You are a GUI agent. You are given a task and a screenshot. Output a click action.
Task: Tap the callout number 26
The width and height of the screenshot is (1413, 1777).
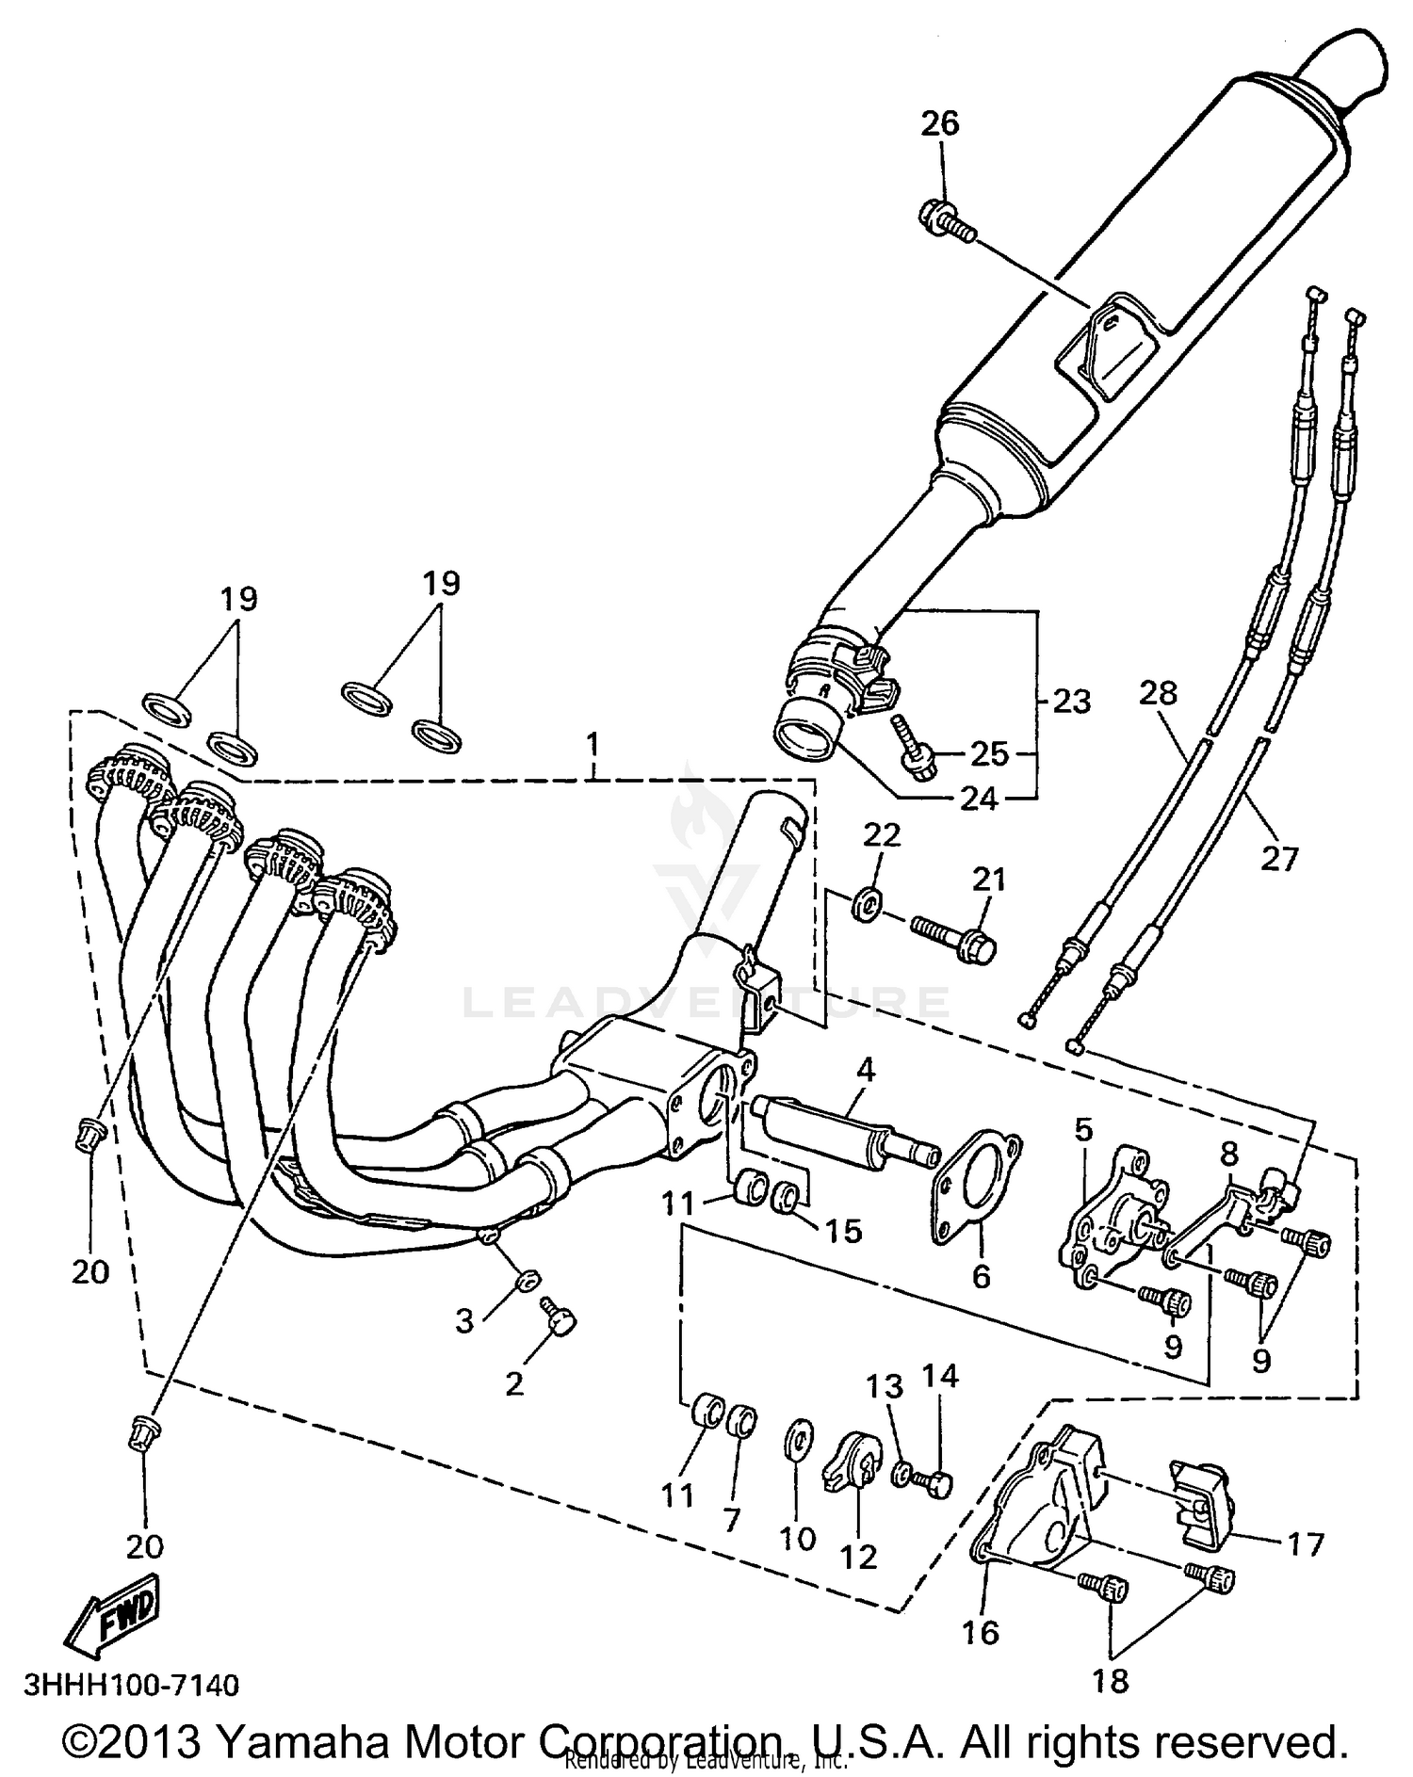(939, 123)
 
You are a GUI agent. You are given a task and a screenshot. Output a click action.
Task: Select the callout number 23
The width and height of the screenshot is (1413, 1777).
(1072, 702)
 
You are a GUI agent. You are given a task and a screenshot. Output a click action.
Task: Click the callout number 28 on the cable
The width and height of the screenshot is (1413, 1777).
(1158, 693)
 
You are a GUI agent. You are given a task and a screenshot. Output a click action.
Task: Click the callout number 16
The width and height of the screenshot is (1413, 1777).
(980, 1631)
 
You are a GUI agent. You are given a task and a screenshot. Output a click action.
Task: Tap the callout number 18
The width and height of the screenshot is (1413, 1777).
(1111, 1681)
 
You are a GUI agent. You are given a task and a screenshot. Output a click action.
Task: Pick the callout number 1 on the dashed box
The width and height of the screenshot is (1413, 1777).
(593, 746)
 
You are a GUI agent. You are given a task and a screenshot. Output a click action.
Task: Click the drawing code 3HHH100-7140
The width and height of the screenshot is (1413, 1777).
(132, 1684)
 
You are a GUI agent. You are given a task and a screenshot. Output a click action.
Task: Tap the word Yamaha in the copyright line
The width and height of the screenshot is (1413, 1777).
(310, 1741)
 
